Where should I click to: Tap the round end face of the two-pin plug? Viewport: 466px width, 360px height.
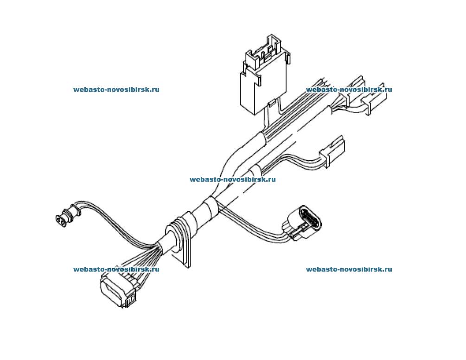click(x=60, y=220)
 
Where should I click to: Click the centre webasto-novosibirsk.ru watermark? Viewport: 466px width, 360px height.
click(x=232, y=179)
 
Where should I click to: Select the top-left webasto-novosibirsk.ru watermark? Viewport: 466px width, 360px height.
click(x=116, y=89)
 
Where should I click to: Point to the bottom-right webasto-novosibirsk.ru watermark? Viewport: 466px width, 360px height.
click(x=349, y=269)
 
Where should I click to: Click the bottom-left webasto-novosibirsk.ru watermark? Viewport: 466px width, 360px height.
click(x=116, y=269)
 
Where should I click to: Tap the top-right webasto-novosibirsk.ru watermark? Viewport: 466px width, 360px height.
click(x=349, y=89)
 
